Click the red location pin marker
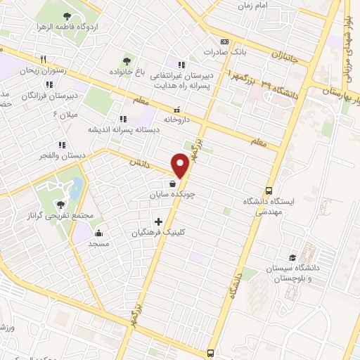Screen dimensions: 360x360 [x=181, y=165]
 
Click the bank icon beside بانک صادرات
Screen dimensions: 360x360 [x=224, y=41]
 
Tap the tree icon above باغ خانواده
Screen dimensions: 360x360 [x=127, y=60]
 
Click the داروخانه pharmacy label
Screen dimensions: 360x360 [x=177, y=120]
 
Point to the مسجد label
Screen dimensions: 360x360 [x=98, y=243]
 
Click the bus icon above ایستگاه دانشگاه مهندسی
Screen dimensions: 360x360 [x=269, y=191]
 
